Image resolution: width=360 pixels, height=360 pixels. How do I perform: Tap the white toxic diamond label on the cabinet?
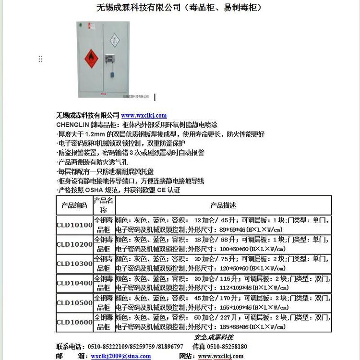(114, 41)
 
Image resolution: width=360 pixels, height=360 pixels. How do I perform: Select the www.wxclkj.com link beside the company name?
(144, 115)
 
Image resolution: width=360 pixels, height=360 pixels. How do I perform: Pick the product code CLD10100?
(74, 225)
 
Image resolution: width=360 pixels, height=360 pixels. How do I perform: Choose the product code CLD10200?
(74, 244)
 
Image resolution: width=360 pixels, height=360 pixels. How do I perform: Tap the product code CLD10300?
(74, 264)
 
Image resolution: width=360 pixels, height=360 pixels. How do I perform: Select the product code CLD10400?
(74, 283)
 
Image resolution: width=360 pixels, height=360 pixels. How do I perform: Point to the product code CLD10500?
(74, 303)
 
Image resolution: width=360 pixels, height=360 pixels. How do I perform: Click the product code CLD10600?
(74, 322)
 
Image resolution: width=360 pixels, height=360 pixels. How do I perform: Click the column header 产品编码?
(74, 205)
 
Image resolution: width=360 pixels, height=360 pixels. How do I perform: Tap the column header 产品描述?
(223, 205)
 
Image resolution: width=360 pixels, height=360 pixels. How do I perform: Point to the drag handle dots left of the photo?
(40, 59)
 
